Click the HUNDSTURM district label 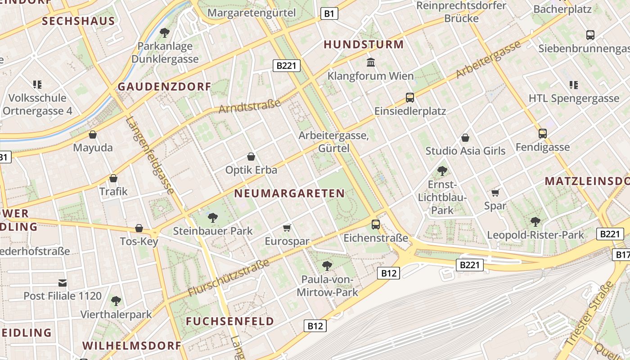[364, 45]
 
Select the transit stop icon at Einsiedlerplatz [409, 97]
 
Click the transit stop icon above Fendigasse [543, 133]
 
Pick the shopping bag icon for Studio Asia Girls [465, 137]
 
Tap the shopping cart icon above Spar [495, 193]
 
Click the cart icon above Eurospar [287, 228]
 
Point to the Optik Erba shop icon [251, 157]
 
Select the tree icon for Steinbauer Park [213, 218]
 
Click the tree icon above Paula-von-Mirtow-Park [327, 265]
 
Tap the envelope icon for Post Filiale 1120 [63, 283]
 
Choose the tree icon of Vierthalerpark [116, 301]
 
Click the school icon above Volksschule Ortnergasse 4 [37, 84]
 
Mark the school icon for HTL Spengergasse [573, 85]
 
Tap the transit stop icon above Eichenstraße [376, 224]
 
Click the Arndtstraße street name [249, 107]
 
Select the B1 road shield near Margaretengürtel [329, 14]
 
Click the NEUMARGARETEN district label [289, 193]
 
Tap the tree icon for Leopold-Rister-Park [535, 221]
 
